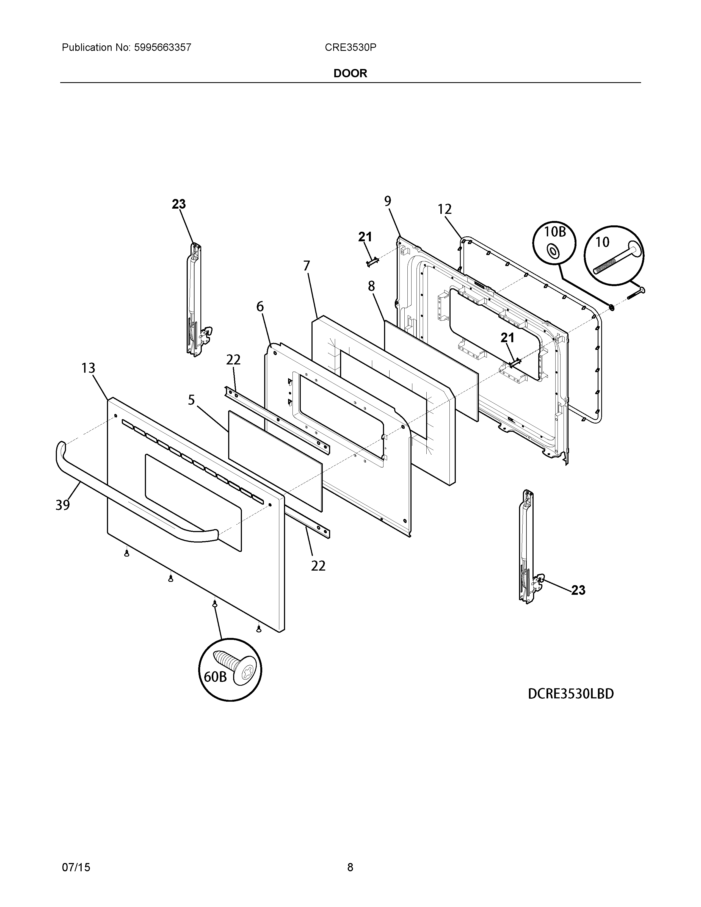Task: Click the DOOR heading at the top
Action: coord(350,73)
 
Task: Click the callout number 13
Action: coord(88,368)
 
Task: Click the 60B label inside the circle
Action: coord(215,677)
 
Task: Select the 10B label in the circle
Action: coord(555,232)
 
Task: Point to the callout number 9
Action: coord(387,201)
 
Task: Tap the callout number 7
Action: coord(307,266)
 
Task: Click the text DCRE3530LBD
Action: coord(571,694)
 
